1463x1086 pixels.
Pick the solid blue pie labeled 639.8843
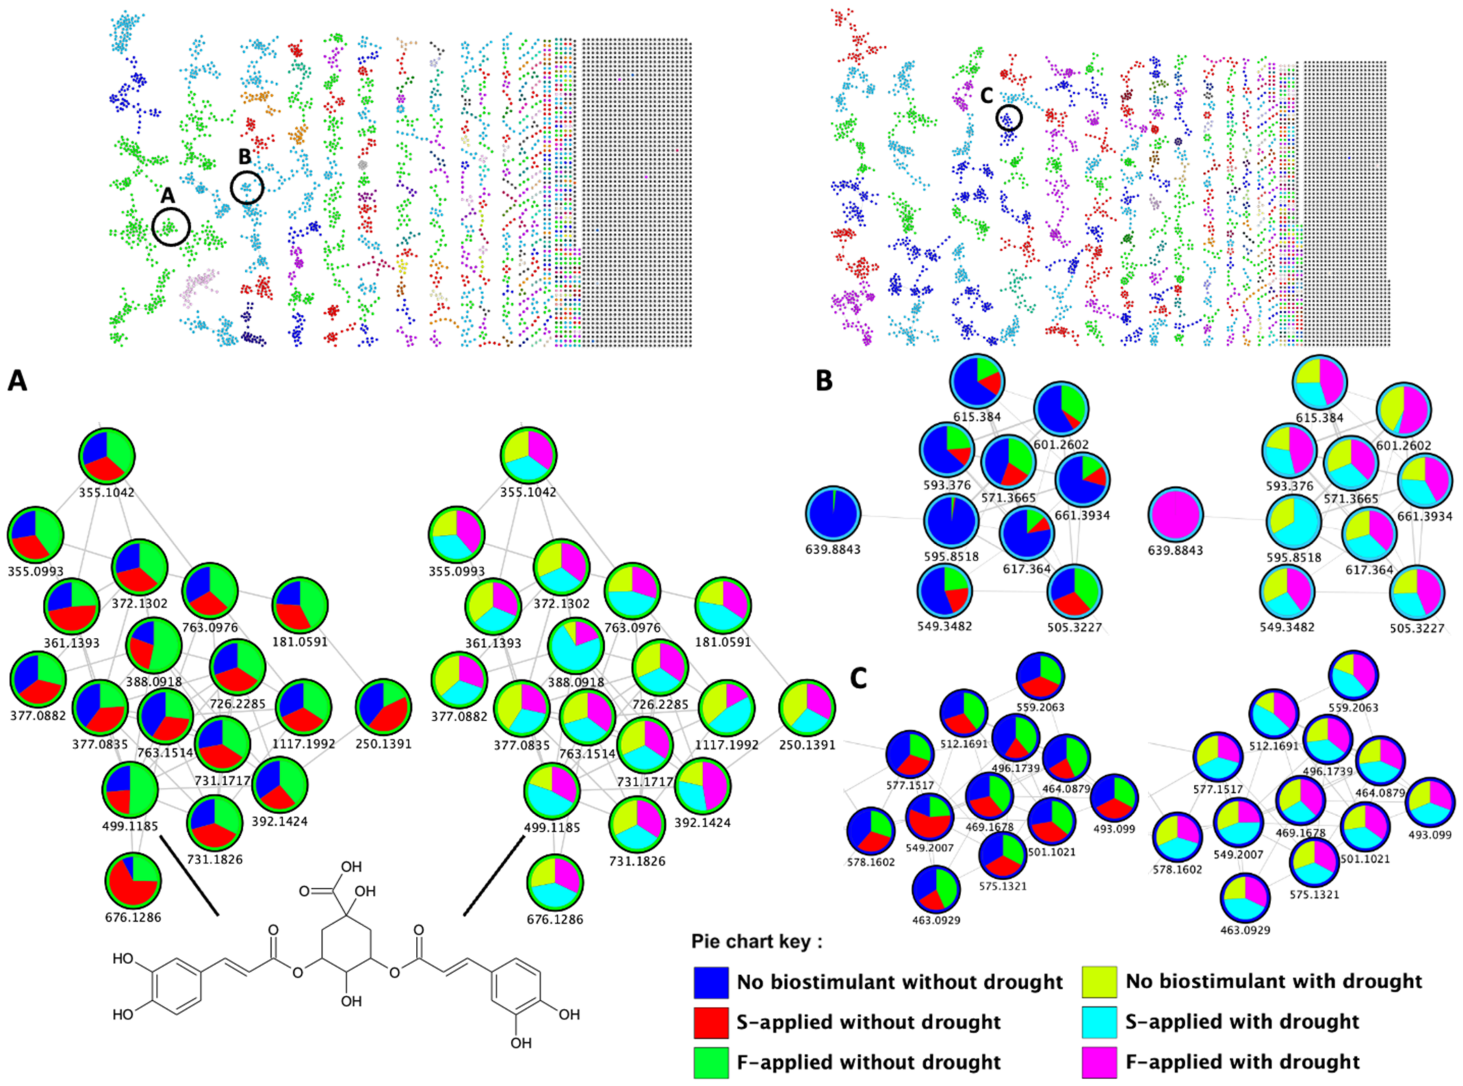[x=833, y=514]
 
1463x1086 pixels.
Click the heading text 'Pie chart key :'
[x=756, y=942]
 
